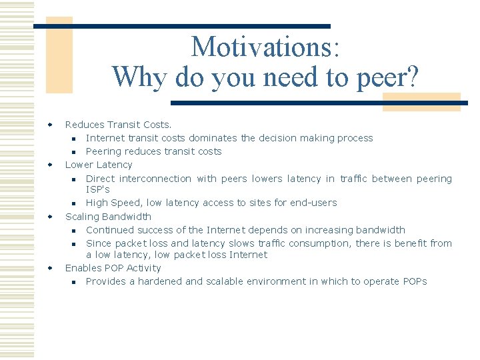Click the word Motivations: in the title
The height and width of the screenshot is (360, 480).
tap(265, 47)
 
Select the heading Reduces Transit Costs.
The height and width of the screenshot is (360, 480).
tap(118, 125)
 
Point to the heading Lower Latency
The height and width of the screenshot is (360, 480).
tap(99, 165)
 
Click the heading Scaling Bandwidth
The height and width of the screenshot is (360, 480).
tap(108, 217)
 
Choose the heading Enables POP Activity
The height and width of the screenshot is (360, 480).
tap(113, 268)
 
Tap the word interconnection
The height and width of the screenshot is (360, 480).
tap(155, 179)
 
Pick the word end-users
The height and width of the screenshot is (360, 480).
tap(313, 203)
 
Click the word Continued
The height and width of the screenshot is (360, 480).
tap(110, 230)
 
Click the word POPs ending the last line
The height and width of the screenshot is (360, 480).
tap(415, 281)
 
